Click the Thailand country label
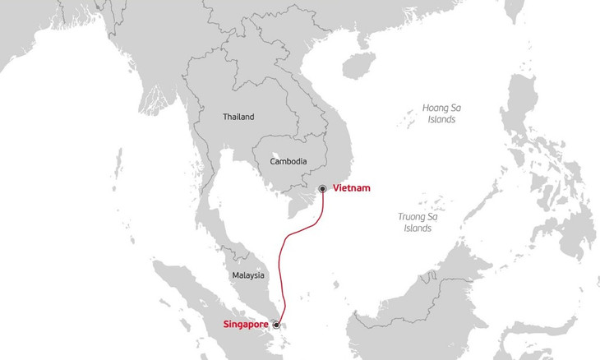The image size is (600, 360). pos(238,117)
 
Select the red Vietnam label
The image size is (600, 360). pos(352,188)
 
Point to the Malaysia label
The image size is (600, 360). pos(247,275)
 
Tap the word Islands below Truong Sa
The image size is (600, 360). pos(418,228)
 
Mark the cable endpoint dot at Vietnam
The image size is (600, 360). pos(323,189)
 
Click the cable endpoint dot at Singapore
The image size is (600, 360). pos(277,325)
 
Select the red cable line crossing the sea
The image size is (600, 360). pos(285,247)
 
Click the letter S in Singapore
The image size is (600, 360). pos(226,325)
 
